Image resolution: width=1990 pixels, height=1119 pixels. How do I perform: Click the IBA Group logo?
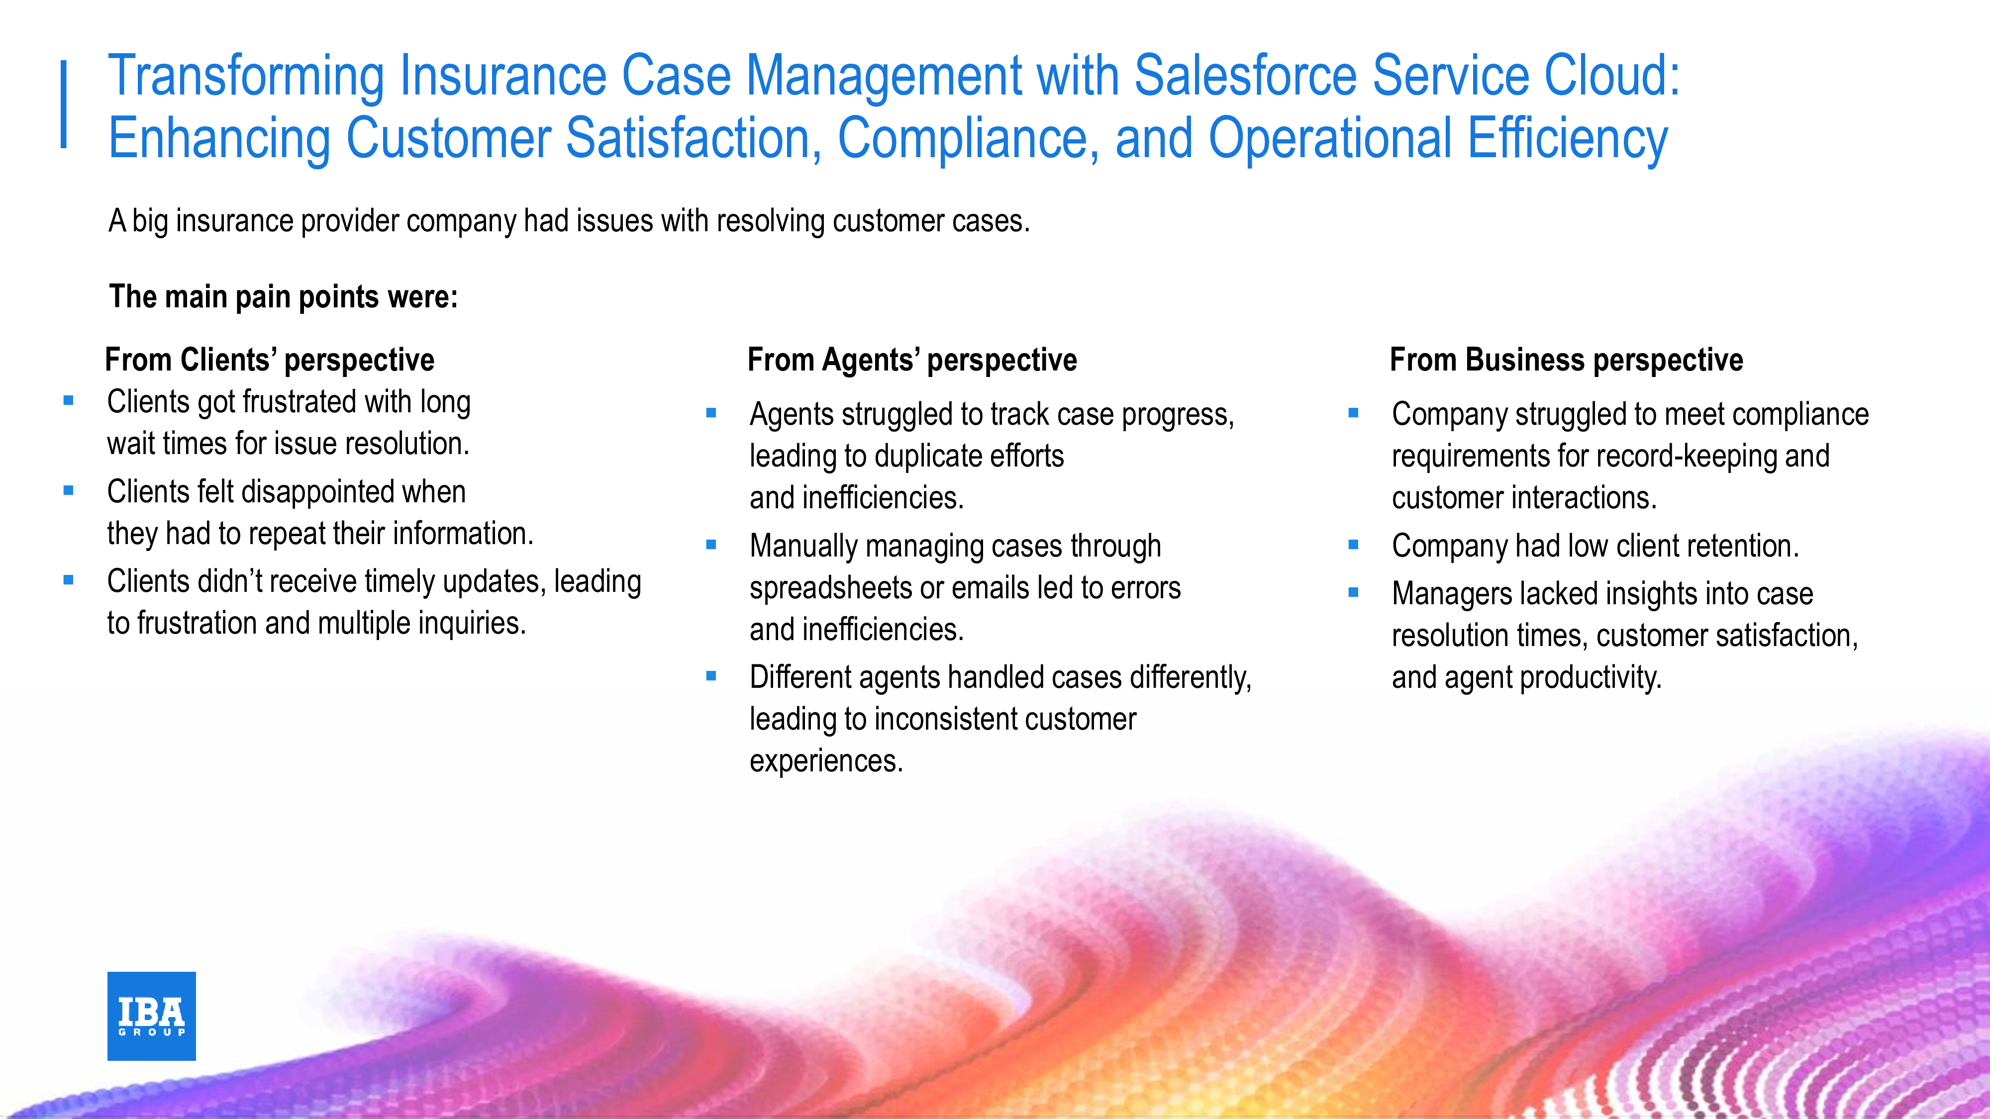click(151, 1016)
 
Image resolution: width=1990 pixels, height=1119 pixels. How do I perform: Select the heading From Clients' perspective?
click(270, 360)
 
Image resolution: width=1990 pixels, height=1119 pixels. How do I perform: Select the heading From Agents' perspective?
click(912, 360)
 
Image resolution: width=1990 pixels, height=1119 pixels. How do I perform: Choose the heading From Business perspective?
click(1567, 360)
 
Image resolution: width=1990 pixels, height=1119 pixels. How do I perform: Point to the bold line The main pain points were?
click(284, 296)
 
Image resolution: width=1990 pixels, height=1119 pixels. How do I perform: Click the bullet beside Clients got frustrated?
click(69, 401)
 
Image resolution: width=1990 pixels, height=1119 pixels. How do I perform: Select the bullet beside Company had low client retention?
click(1353, 545)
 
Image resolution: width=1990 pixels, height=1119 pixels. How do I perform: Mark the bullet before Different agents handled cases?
click(711, 676)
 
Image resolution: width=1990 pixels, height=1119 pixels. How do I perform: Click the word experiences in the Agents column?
click(826, 761)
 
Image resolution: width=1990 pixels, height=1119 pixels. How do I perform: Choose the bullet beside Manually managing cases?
click(711, 545)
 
